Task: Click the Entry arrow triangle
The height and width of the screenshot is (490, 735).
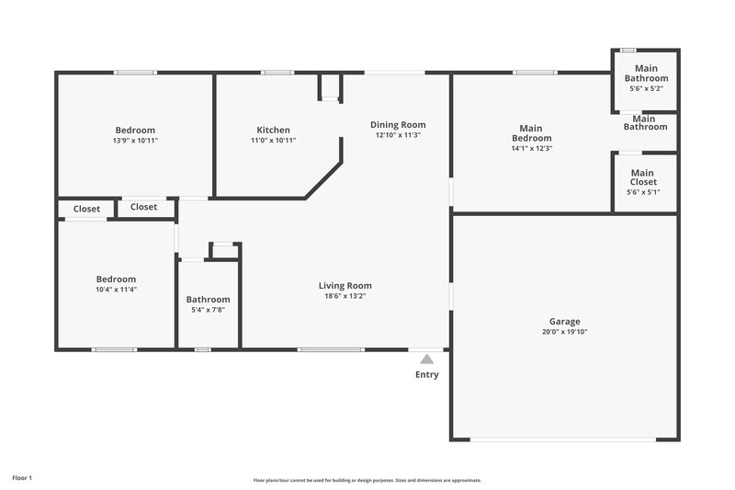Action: click(x=426, y=359)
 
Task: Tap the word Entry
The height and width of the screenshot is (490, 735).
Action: click(x=427, y=374)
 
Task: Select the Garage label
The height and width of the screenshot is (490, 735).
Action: click(x=565, y=321)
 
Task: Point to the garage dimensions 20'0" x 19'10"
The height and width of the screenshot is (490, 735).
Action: click(x=565, y=332)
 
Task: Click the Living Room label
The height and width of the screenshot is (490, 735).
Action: click(x=345, y=285)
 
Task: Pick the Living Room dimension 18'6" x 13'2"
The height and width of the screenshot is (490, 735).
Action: click(x=345, y=296)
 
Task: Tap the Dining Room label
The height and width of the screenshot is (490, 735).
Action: click(x=398, y=124)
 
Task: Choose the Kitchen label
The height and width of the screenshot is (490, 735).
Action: click(x=274, y=130)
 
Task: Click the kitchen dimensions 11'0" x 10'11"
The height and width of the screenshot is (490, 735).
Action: click(x=274, y=141)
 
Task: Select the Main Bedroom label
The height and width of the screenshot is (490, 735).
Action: click(x=531, y=133)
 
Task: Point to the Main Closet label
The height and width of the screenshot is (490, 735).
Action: click(x=642, y=177)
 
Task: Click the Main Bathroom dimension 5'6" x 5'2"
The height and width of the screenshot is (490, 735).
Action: click(x=646, y=89)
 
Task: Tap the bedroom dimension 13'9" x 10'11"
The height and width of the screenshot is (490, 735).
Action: click(x=134, y=141)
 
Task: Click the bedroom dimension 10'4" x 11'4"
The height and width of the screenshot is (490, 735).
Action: click(x=117, y=290)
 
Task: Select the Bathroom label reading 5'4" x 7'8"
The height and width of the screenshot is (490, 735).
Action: click(x=209, y=299)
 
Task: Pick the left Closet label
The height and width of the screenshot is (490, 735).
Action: click(x=86, y=209)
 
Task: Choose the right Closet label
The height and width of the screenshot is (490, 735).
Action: click(x=143, y=207)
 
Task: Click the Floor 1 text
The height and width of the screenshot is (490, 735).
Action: click(x=22, y=478)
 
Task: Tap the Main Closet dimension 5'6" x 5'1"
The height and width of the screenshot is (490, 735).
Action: click(x=642, y=192)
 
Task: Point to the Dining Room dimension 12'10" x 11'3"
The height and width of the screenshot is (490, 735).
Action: click(x=398, y=135)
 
